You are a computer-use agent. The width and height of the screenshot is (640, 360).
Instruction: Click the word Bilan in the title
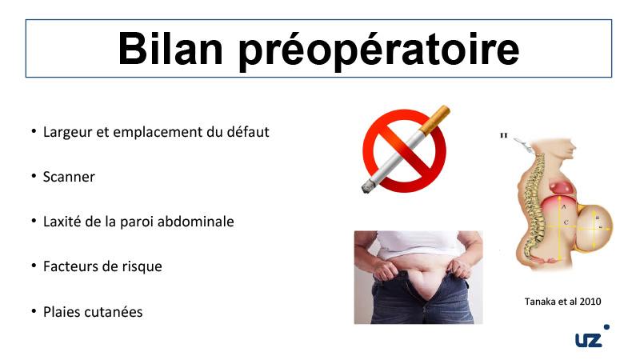click(170, 48)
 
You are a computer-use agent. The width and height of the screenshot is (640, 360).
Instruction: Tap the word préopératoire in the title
click(379, 50)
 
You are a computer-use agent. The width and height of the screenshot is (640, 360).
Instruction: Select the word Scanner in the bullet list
click(69, 177)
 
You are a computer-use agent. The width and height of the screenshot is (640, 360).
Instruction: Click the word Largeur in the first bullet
click(67, 132)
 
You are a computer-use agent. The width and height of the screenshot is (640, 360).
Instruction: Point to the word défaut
click(248, 131)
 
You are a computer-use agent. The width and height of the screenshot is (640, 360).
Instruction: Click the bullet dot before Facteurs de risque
click(34, 266)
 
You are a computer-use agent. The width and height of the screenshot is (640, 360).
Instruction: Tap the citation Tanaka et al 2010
click(562, 302)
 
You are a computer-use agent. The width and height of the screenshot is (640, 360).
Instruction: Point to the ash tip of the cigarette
click(367, 187)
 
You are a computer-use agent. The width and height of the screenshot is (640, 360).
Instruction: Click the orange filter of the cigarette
click(434, 119)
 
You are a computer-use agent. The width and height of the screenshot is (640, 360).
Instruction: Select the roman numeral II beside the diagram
click(504, 135)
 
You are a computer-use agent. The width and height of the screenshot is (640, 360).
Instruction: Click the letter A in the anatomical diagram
click(564, 207)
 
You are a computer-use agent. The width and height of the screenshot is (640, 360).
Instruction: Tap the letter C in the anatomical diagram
click(566, 222)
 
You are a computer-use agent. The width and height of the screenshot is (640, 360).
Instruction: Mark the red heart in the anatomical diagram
click(562, 187)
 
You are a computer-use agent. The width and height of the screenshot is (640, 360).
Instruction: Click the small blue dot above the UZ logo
click(606, 327)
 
